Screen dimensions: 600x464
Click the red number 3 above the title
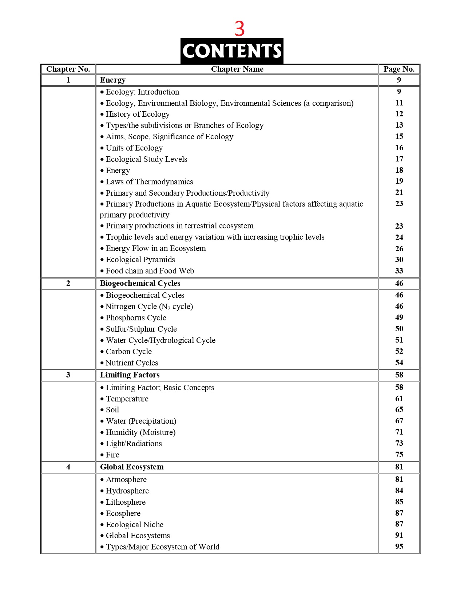239,29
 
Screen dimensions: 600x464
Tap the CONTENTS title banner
232,51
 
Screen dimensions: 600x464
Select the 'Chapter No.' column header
68,69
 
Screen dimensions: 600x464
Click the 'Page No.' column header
399,69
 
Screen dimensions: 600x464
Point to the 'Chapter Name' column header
237,69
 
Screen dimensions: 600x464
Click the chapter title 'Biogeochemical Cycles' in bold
140,283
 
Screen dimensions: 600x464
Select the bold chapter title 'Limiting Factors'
130,375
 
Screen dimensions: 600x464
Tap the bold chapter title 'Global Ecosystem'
132,467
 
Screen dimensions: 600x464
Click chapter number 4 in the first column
68,467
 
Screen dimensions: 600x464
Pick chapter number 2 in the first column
68,283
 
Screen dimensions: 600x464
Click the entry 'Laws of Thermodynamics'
149,182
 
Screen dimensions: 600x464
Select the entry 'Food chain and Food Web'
150,271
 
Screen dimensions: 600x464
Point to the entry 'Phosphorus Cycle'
136,318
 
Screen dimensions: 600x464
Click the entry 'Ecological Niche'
134,525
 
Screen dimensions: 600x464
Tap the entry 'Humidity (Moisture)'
140,432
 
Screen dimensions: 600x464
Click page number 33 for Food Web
399,271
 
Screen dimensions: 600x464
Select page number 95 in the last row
399,547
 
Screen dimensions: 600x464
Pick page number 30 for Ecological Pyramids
399,260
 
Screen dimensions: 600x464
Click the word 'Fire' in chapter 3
112,455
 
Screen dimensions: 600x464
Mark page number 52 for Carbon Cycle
399,351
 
